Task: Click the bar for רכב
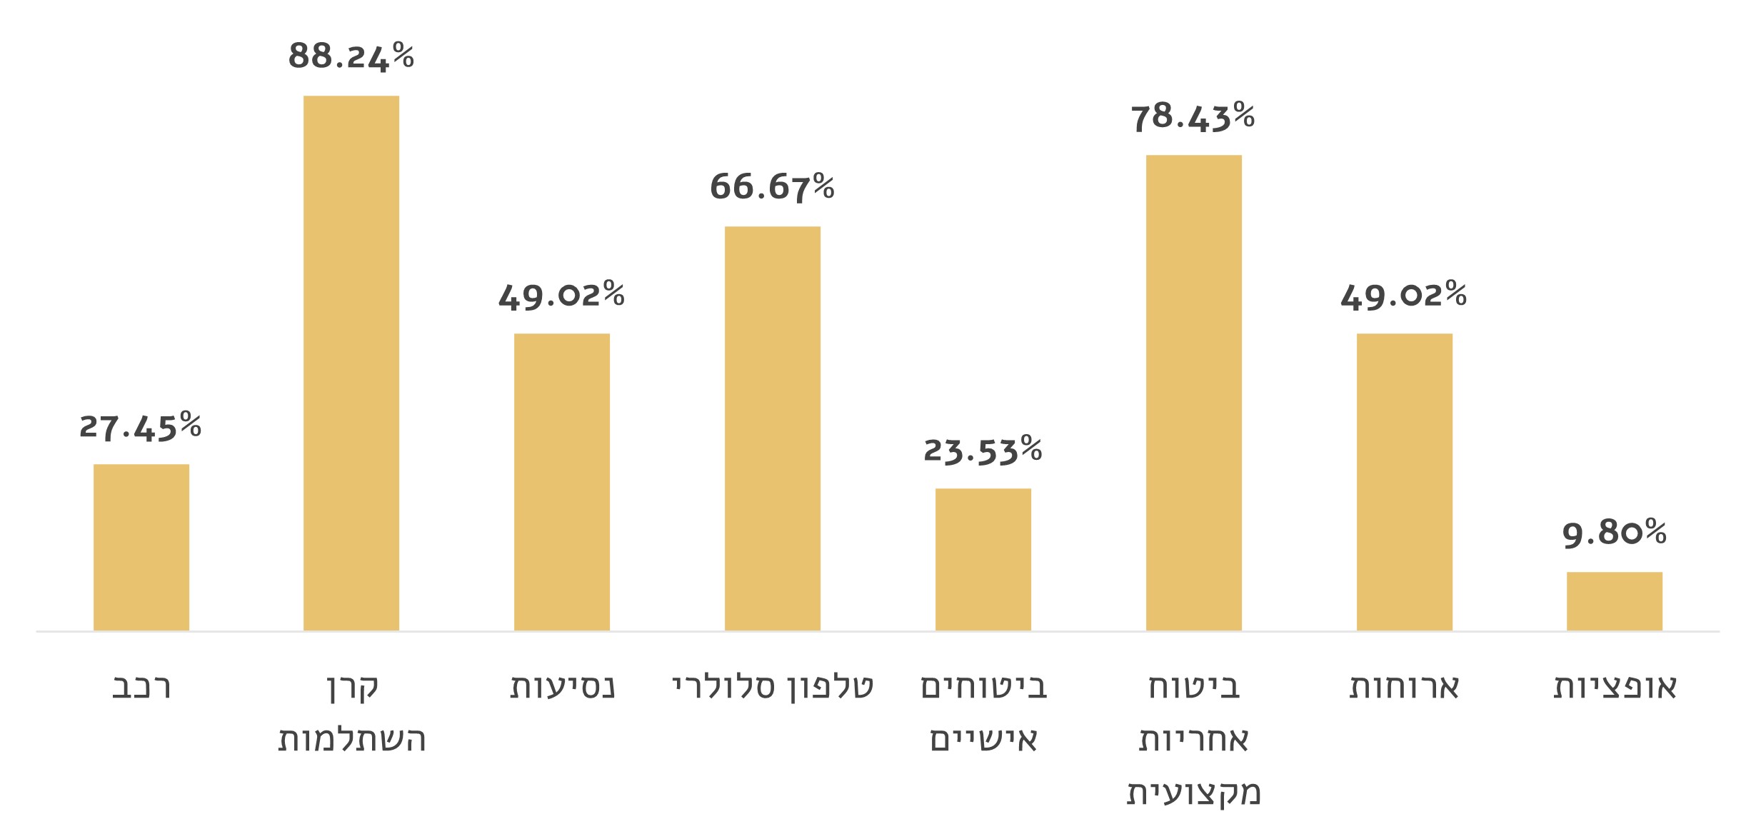(141, 547)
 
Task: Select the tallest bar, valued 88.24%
(351, 363)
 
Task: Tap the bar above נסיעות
(562, 482)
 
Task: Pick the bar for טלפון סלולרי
(773, 428)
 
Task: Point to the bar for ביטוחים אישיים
(983, 559)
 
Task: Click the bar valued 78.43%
(1194, 393)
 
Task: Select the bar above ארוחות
(1405, 482)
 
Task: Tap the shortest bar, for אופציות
(1615, 601)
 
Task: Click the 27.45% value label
(141, 426)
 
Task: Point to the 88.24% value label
(351, 56)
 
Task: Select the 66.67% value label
(772, 187)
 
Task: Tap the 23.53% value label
(983, 450)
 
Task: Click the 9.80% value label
(1615, 533)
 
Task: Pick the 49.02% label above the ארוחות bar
(1404, 294)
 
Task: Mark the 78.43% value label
(1193, 116)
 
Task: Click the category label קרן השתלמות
(351, 713)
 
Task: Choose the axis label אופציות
(1615, 687)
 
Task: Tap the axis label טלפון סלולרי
(773, 687)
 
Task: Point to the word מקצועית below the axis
(1194, 793)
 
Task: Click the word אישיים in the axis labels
(983, 740)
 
